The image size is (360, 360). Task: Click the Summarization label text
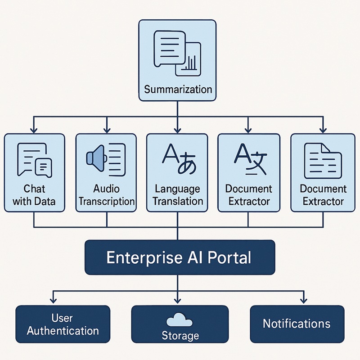click(178, 89)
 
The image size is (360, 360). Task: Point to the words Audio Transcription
click(106, 194)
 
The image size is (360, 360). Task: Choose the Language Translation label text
click(178, 194)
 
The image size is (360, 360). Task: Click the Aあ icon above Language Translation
click(178, 160)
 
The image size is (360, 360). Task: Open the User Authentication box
click(63, 324)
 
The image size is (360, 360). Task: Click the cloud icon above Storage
click(179, 320)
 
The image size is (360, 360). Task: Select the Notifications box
click(297, 324)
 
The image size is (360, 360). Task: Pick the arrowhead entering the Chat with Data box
click(34, 129)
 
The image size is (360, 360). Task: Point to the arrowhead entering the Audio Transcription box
click(106, 129)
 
